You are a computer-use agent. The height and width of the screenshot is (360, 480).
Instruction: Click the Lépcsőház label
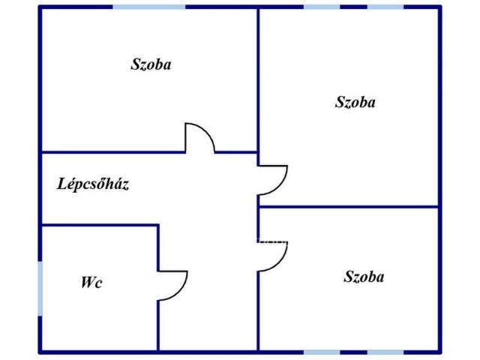(93, 184)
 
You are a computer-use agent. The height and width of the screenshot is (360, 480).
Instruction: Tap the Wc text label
(91, 282)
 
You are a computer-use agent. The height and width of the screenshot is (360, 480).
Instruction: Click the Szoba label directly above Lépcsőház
(151, 64)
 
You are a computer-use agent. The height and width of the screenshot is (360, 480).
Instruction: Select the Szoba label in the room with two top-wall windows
(355, 102)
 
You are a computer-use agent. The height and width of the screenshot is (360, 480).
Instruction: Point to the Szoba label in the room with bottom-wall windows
(364, 277)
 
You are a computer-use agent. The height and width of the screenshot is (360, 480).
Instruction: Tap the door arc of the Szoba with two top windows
(279, 187)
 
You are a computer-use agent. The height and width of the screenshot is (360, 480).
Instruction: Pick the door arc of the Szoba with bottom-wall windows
(279, 263)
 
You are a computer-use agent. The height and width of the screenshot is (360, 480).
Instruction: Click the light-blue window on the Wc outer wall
(40, 288)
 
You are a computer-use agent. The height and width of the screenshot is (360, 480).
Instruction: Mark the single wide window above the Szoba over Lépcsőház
(149, 7)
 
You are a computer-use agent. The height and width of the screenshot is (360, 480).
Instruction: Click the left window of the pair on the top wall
(322, 7)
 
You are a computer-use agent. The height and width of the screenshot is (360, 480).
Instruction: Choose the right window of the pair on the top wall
(385, 7)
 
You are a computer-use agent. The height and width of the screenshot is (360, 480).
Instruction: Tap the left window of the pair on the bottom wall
(322, 352)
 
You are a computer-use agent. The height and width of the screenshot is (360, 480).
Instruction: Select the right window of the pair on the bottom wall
(385, 352)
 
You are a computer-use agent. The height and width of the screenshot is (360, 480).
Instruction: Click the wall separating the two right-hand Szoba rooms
(348, 207)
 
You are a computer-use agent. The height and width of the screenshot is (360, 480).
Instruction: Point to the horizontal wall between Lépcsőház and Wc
(99, 226)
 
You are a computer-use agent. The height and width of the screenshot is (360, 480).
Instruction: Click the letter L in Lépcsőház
(62, 184)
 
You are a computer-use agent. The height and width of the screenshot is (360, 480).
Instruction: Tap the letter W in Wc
(87, 282)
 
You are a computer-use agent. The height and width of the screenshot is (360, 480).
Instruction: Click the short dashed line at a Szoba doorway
(272, 241)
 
